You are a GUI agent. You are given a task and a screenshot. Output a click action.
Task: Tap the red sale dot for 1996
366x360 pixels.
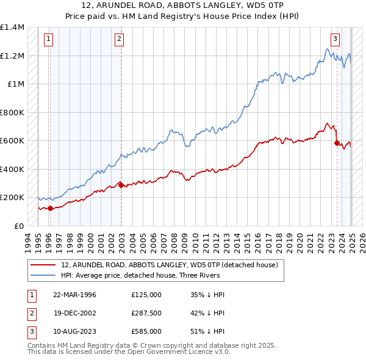pos(50,208)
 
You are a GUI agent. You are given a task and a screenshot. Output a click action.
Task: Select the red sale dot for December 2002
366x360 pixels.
pos(121,184)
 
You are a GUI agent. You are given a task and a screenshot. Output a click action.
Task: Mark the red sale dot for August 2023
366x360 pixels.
pos(337,143)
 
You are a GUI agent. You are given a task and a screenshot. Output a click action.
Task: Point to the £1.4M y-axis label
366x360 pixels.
pos(12,27)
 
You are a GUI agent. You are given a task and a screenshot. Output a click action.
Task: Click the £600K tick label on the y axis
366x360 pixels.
pos(11,141)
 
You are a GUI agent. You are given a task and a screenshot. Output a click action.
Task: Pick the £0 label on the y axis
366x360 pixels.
pos(18,226)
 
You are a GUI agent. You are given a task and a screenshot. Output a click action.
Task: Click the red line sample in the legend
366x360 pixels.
pos(43,265)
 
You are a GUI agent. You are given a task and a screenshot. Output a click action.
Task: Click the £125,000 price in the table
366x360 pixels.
pos(146,295)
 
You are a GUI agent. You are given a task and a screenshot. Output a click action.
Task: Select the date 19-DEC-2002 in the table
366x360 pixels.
pos(75,313)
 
